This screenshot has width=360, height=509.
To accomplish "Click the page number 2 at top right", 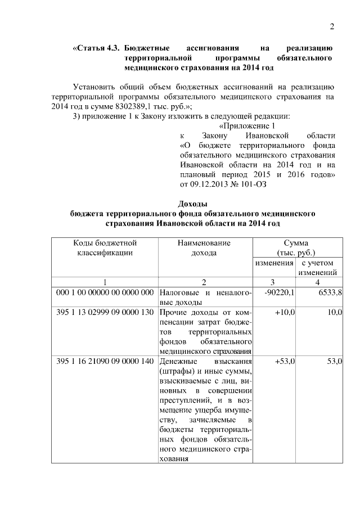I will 332,26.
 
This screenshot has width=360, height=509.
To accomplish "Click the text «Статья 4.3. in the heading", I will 96,48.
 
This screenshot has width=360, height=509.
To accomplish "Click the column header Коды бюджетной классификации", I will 105,248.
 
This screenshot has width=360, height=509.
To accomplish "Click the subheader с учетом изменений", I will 318,268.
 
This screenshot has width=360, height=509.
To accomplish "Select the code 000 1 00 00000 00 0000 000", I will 105,293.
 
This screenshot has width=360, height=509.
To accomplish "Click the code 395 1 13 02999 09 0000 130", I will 105,312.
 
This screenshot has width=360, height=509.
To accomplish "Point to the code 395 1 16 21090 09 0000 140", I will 105,361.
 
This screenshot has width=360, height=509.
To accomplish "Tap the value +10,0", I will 285,312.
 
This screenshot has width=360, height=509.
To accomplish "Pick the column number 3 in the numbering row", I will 274,282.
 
